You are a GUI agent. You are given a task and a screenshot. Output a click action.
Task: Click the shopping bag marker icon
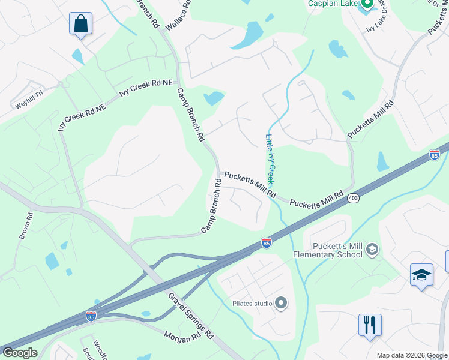pyautogui.click(x=80, y=24)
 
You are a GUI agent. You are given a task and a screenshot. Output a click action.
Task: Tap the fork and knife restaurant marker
pyautogui.click(x=370, y=325)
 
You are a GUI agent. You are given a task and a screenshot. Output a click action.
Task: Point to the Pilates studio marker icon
pyautogui.click(x=280, y=304)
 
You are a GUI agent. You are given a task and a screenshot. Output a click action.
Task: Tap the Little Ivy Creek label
pyautogui.click(x=270, y=158)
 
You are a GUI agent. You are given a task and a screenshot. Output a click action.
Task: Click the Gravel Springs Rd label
pyautogui.click(x=191, y=315)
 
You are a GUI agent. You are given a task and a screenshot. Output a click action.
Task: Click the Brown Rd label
pyautogui.click(x=25, y=226)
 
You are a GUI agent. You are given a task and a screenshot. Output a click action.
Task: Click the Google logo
pyautogui.click(x=19, y=353)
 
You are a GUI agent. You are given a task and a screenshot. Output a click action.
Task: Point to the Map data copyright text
pyautogui.click(x=411, y=355)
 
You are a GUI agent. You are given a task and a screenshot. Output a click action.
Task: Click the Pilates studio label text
pyautogui.click(x=252, y=304)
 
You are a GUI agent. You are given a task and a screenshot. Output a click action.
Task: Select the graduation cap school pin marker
pyautogui.click(x=421, y=275)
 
